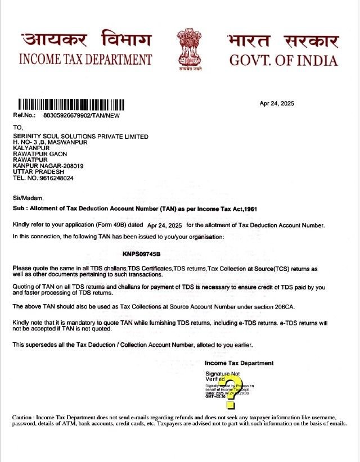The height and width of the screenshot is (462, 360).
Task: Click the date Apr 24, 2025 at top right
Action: (x=277, y=103)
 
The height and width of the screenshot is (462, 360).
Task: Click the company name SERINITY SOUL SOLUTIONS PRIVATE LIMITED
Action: (x=80, y=137)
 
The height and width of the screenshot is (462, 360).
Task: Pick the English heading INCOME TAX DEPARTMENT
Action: (x=85, y=60)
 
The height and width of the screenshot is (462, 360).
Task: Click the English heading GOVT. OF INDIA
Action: (x=283, y=60)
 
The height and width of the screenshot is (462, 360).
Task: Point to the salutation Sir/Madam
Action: (x=28, y=198)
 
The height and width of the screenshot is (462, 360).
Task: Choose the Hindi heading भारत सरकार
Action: (x=283, y=41)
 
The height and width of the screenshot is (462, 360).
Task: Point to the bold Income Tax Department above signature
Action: (x=239, y=363)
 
